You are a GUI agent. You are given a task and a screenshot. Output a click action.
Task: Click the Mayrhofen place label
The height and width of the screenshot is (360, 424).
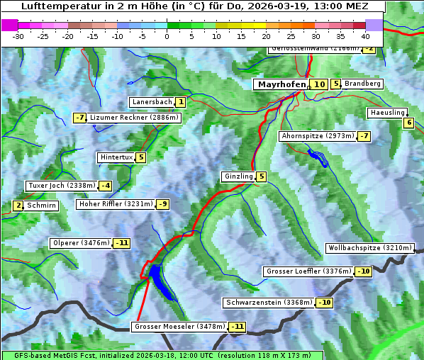[281, 84]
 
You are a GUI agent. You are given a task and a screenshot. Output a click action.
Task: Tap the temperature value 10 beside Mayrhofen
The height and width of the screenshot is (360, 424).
[319, 84]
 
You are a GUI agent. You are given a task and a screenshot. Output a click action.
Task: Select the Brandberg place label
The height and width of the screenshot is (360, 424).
[362, 84]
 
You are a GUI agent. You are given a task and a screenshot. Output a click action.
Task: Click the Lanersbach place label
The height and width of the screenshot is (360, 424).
[152, 102]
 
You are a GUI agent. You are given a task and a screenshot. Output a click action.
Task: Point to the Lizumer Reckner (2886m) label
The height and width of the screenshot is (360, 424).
[133, 118]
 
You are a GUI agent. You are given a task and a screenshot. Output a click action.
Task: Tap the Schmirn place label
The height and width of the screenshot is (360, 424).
[42, 206]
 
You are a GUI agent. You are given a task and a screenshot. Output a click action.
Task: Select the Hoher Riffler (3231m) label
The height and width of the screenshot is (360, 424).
[115, 204]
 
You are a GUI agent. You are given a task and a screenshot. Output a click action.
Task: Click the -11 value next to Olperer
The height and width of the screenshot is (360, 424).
[121, 243]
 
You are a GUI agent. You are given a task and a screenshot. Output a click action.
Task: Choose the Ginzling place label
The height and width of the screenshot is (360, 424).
[238, 176]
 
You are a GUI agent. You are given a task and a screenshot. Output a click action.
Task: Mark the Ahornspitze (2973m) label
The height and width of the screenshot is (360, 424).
[318, 135]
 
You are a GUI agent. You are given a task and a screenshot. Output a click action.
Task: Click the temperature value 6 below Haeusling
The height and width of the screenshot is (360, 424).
[408, 123]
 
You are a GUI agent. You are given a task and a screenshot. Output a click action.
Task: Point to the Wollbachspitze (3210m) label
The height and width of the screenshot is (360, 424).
[369, 248]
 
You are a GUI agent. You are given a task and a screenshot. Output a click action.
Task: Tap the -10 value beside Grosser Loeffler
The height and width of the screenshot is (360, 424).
[363, 271]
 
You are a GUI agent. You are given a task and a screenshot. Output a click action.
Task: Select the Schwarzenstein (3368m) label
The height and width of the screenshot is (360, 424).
[268, 303]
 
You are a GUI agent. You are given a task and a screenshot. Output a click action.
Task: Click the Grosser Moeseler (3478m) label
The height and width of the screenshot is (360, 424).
[179, 327]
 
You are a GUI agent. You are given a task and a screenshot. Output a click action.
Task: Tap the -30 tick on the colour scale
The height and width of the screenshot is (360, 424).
[18, 35]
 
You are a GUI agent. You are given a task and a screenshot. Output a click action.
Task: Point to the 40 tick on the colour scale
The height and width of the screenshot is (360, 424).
[365, 35]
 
